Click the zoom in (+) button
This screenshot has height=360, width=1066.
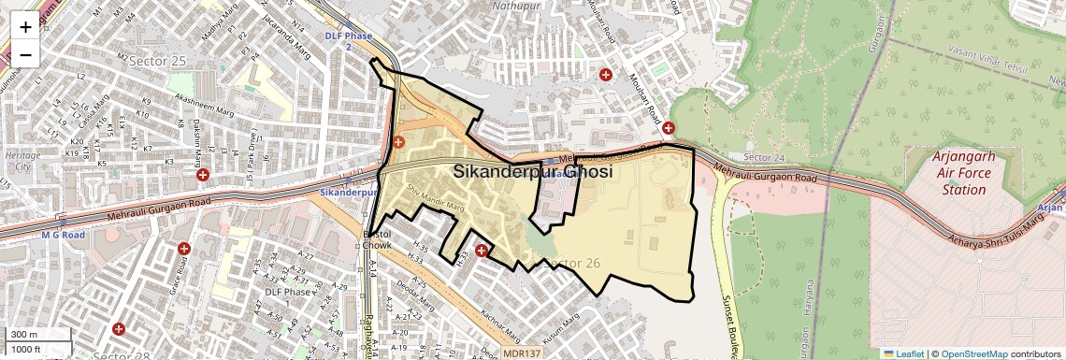click(x=25, y=26)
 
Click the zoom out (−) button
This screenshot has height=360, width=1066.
click(x=25, y=54)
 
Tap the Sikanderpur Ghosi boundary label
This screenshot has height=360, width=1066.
click(x=533, y=172)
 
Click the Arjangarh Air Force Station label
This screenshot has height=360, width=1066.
click(x=964, y=173)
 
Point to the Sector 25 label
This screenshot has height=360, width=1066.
click(x=158, y=61)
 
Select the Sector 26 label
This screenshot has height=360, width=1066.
click(x=570, y=263)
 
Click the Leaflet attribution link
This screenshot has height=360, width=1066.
click(x=903, y=353)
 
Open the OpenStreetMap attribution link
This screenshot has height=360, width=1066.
click(x=974, y=353)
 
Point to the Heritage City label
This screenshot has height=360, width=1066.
click(x=18, y=160)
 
